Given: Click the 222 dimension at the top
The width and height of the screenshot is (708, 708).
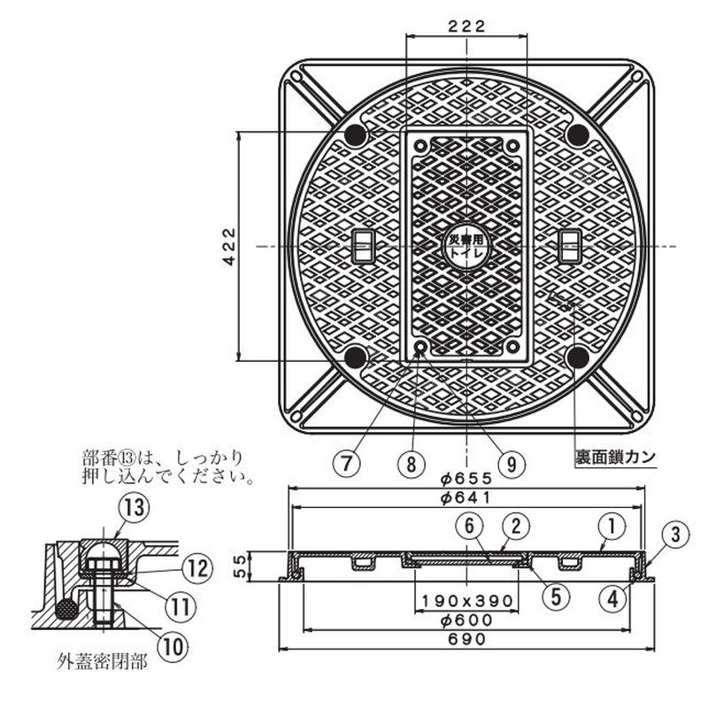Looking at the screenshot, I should coord(466,26).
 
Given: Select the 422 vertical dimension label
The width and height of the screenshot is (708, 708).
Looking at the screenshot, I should coord(228,246).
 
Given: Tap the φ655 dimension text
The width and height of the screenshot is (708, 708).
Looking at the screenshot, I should coord(466,477).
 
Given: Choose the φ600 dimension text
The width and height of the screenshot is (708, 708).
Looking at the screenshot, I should coord(466,620).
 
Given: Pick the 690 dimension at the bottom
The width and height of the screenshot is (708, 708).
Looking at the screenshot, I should coord(466,640).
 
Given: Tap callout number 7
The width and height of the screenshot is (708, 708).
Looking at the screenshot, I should coord(348,462).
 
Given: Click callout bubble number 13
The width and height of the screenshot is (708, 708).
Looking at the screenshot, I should coord(133,508).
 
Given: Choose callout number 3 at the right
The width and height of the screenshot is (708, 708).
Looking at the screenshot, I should coord(674,534).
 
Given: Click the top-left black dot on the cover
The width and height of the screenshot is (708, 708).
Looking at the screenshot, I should coord(356,135).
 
